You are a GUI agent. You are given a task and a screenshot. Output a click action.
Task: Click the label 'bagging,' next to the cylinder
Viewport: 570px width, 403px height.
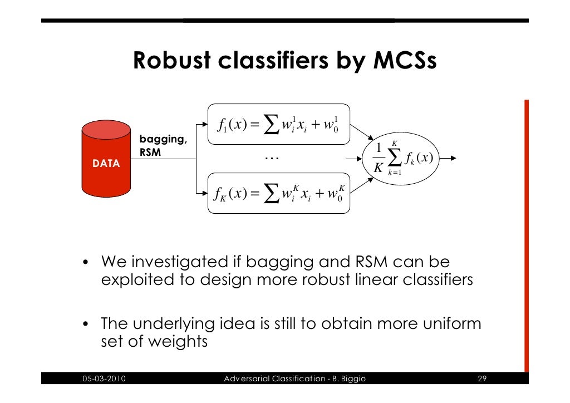(163, 139)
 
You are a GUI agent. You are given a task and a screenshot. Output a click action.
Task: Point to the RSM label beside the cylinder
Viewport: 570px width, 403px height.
(150, 151)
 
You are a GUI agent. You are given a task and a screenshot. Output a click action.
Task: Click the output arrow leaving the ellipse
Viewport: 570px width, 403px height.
(448, 158)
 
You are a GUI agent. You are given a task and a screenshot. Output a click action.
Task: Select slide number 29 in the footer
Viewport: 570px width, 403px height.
(482, 380)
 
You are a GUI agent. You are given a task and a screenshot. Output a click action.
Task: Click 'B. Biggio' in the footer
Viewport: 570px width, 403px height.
(347, 380)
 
